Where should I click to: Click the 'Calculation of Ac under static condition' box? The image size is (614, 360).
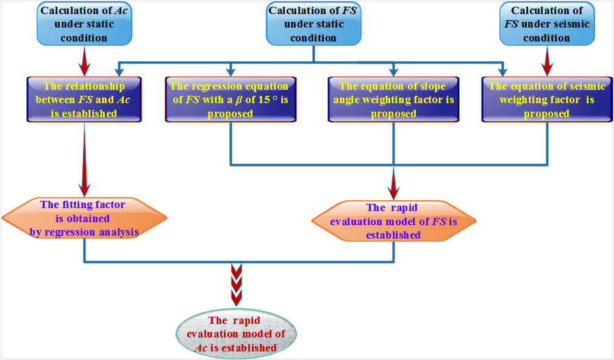click(x=84, y=24)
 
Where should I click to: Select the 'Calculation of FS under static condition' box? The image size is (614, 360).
click(x=313, y=24)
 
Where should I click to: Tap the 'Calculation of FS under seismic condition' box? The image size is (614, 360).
click(x=546, y=24)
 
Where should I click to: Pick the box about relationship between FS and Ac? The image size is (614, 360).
click(x=84, y=99)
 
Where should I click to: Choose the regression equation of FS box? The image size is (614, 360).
click(x=230, y=99)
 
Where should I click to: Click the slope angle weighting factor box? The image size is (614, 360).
click(x=392, y=99)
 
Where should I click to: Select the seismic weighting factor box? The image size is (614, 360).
click(x=547, y=99)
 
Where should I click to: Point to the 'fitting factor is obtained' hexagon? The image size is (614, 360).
click(x=84, y=218)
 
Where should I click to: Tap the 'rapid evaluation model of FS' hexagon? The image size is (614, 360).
click(x=393, y=221)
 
